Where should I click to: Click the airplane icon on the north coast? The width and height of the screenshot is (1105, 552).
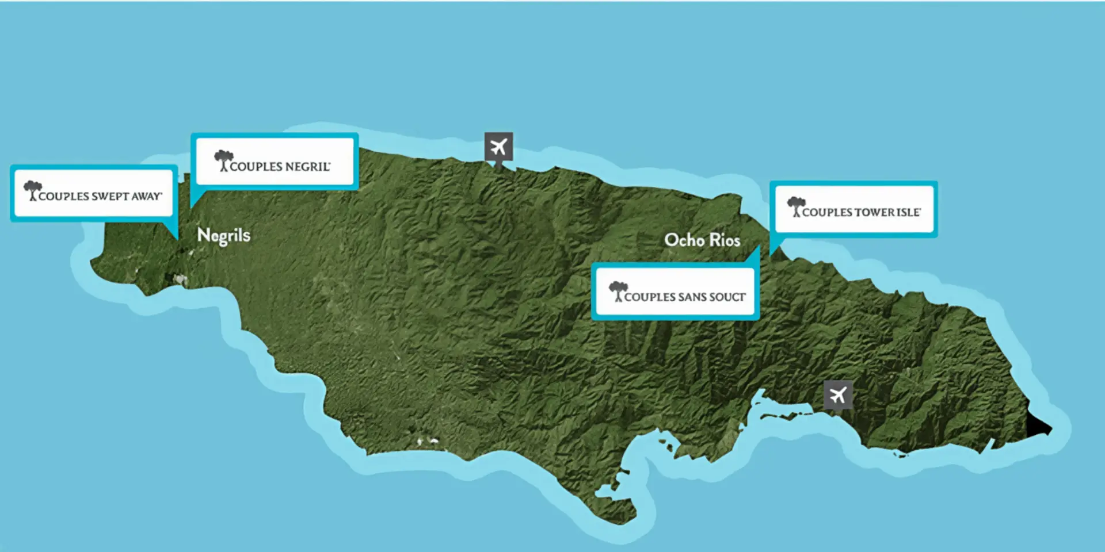(498, 147)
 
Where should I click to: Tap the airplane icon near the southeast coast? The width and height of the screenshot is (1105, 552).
(838, 395)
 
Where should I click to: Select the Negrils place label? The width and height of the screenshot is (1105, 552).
(224, 235)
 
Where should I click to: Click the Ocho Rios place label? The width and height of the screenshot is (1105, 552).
(702, 240)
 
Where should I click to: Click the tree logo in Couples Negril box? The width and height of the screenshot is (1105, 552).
(223, 160)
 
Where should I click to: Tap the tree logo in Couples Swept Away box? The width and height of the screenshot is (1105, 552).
(33, 190)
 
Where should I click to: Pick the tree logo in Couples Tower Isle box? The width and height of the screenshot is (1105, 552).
(796, 206)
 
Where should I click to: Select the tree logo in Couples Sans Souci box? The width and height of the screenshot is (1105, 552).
(618, 290)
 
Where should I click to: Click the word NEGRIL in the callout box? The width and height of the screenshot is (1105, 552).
(307, 167)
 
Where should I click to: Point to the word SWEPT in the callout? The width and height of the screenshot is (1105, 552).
(110, 196)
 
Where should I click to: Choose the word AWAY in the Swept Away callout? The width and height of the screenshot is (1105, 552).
(146, 196)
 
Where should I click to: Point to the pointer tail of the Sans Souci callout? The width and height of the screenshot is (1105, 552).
(754, 256)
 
